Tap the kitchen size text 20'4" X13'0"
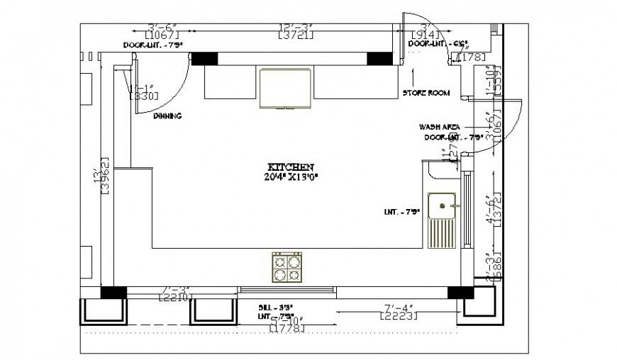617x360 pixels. [287, 177]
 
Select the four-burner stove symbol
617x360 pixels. [287, 268]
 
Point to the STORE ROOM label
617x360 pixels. [426, 93]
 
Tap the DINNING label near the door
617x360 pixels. [167, 116]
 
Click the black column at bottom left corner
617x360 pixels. [113, 292]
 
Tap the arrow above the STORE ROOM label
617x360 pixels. [416, 76]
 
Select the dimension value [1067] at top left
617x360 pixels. [162, 35]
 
